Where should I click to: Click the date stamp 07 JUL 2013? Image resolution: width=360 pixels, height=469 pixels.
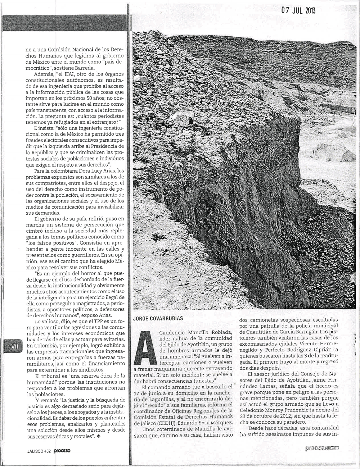(x=298, y=10)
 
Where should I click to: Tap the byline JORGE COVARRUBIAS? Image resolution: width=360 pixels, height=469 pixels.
(x=158, y=318)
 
